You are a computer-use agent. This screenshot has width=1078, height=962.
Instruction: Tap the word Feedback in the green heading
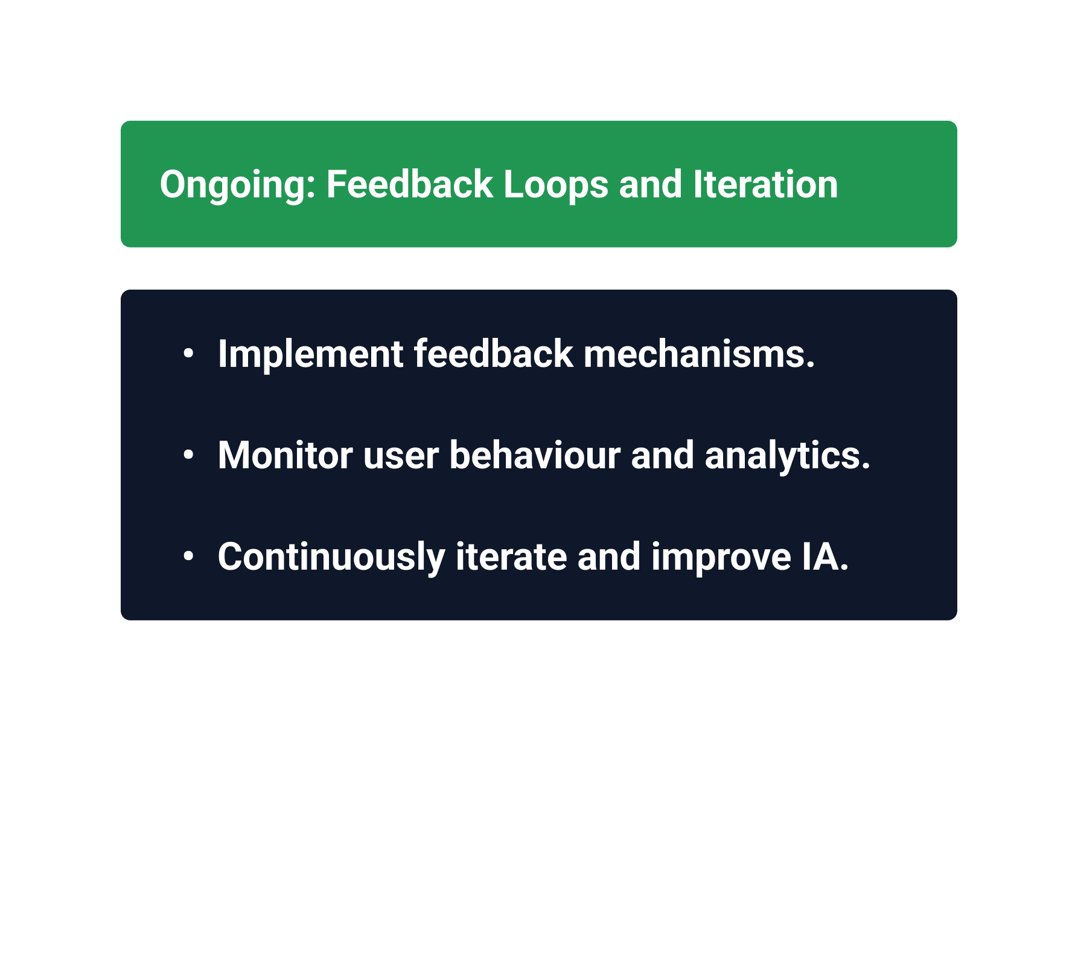pyautogui.click(x=410, y=184)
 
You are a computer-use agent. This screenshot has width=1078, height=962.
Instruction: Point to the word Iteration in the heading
pyautogui.click(x=765, y=184)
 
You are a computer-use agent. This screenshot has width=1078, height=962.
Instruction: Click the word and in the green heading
pyautogui.click(x=651, y=184)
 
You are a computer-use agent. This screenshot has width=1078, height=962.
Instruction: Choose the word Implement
pyautogui.click(x=310, y=355)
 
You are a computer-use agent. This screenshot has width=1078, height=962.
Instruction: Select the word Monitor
pyautogui.click(x=285, y=455)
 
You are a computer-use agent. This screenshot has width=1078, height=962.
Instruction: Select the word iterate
pyautogui.click(x=511, y=556)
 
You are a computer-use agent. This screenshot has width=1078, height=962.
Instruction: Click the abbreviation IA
pyautogui.click(x=825, y=556)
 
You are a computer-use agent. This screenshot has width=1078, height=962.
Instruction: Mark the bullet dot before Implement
pyautogui.click(x=188, y=354)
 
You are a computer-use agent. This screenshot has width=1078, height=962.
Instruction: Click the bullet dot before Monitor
pyautogui.click(x=188, y=455)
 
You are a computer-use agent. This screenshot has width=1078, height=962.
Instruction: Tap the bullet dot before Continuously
pyautogui.click(x=188, y=556)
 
